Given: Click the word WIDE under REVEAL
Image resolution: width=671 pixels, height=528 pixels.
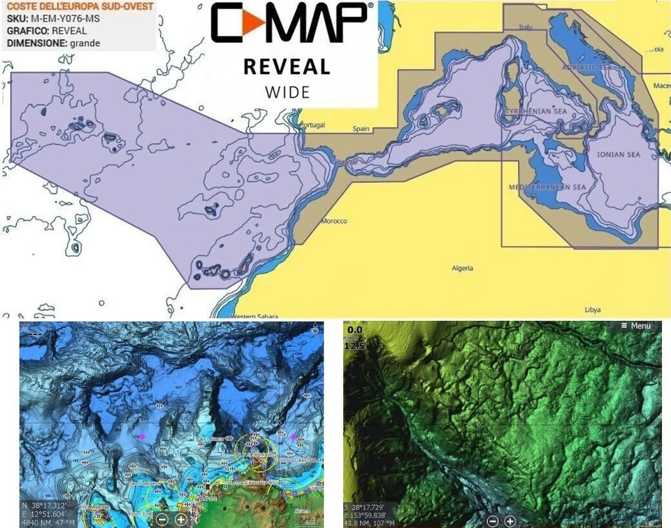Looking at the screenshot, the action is click(287, 92).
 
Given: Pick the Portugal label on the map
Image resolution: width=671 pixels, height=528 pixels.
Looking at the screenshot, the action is click(312, 124).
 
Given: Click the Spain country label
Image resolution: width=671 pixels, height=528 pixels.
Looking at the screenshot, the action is click(361, 129).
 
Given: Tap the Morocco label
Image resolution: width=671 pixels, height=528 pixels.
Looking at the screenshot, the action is click(333, 222).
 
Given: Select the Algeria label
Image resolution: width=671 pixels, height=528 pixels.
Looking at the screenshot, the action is click(462, 268).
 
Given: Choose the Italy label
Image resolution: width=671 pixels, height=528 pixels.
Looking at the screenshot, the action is click(525, 27).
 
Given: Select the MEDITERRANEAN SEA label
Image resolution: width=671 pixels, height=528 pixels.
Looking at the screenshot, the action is click(547, 187).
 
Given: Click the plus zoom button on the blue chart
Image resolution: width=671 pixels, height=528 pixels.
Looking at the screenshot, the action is click(180, 519).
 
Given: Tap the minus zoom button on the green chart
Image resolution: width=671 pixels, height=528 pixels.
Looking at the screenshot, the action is click(492, 521).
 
